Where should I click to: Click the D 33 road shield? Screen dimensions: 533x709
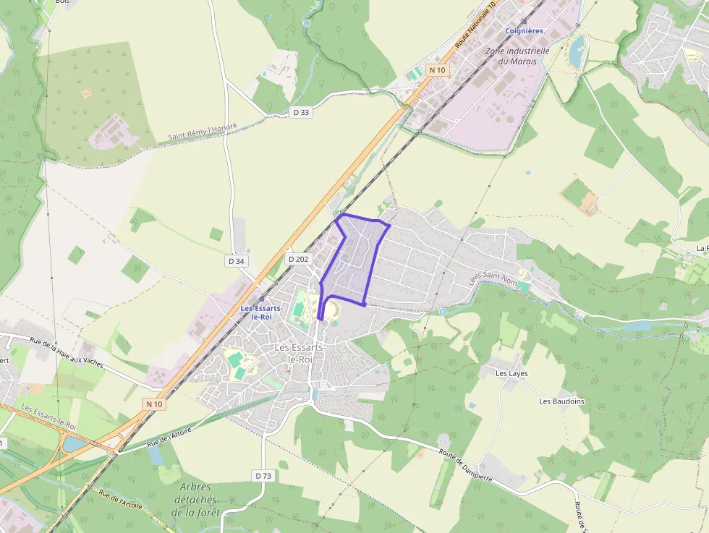(x=302, y=112)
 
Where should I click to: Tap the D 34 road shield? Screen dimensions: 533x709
(x=236, y=261)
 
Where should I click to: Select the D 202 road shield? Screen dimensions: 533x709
(x=298, y=259)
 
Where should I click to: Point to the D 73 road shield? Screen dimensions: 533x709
(x=263, y=475)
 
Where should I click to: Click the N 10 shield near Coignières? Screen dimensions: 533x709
(x=437, y=70)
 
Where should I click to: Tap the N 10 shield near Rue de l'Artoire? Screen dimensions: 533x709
(x=154, y=404)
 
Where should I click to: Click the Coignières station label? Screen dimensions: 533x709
(x=524, y=30)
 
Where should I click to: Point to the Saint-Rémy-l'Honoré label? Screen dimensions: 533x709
(x=203, y=132)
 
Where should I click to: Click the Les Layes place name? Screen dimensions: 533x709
(x=511, y=374)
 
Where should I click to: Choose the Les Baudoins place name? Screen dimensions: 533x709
(x=561, y=401)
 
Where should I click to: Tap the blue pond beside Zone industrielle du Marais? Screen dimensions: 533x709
(x=577, y=51)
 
